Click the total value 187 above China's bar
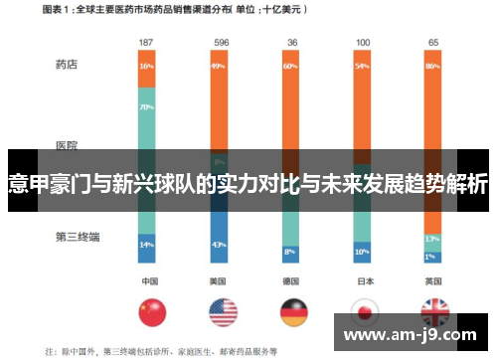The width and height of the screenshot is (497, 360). click(146, 43)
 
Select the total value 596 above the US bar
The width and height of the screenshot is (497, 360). click(219, 43)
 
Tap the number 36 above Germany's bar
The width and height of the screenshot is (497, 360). click(291, 43)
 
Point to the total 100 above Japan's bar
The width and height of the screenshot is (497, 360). click(362, 43)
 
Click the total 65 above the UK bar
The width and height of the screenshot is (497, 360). click(433, 43)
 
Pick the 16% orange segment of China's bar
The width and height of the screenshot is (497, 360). click(146, 67)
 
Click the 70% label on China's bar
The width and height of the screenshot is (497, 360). click(146, 106)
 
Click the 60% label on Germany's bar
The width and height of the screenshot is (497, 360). click(290, 67)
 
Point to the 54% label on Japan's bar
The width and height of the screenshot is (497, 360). click(362, 67)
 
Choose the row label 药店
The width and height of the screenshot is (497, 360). click(67, 65)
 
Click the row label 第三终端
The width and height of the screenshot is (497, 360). click(75, 210)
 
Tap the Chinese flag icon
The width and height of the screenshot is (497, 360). click(151, 313)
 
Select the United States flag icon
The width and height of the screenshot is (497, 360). click(223, 313)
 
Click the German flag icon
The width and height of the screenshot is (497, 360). click(293, 313)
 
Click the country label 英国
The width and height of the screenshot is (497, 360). click(433, 280)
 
